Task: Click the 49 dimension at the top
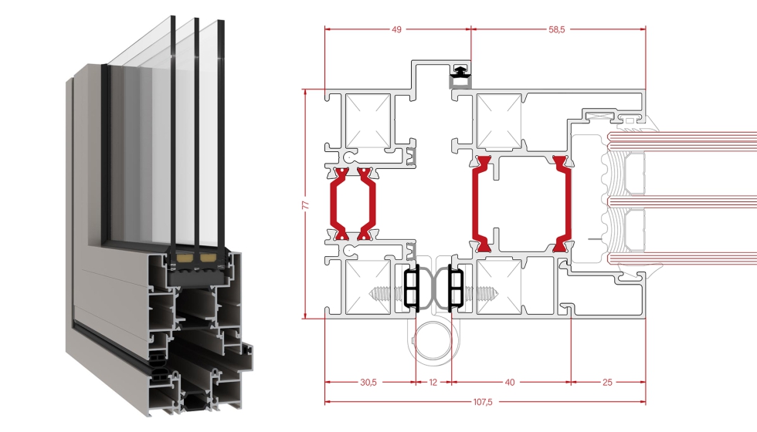pos(397,29)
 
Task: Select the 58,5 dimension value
pos(556,29)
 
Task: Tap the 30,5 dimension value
pos(368,381)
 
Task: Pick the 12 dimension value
pos(433,381)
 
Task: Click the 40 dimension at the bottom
pos(510,381)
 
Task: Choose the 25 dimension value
pos(608,381)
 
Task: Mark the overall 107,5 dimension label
pos(484,402)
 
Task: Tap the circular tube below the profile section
pos(433,339)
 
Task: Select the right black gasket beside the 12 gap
pos(454,287)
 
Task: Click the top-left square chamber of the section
pos(366,120)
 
